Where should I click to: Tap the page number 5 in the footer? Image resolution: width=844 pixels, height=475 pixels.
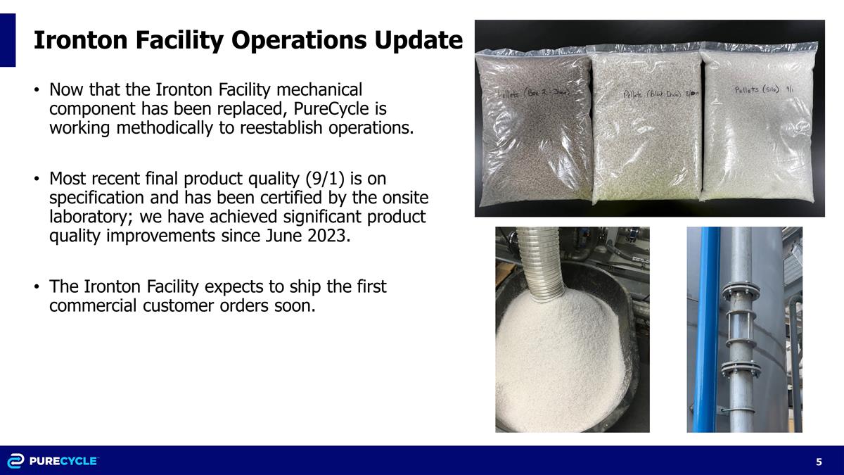(x=819, y=462)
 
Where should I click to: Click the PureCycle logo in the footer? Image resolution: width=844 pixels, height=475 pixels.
(x=53, y=461)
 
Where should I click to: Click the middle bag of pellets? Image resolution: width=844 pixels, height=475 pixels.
(x=645, y=130)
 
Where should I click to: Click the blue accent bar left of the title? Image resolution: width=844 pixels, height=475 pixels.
(x=8, y=40)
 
